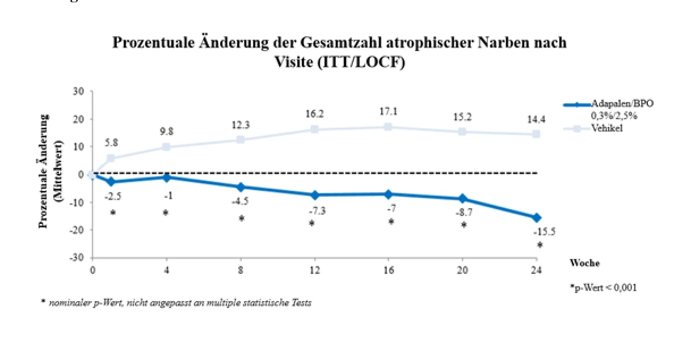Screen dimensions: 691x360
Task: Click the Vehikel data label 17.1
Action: tap(388, 111)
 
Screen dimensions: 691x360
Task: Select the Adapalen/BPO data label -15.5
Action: tap(545, 231)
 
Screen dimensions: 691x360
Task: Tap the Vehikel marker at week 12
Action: tap(314, 129)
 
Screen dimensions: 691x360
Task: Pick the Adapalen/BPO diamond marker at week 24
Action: tap(537, 218)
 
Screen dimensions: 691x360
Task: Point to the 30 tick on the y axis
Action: tap(78, 91)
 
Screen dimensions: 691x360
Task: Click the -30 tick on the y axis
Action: tap(77, 257)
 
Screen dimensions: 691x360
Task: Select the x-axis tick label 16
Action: tap(389, 270)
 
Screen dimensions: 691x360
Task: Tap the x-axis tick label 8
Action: tap(241, 270)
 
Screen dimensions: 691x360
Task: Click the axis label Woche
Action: tap(584, 263)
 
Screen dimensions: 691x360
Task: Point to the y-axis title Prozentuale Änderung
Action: tap(44, 171)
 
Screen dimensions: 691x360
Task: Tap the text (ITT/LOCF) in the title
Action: tap(361, 62)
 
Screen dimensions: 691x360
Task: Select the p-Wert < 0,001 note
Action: tap(604, 287)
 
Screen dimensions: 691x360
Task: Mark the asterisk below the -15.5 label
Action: tap(540, 245)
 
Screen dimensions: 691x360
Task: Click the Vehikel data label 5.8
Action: tap(111, 142)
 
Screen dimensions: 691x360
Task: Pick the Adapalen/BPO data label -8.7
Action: tap(464, 213)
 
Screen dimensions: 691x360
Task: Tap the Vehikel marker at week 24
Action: tap(537, 134)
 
